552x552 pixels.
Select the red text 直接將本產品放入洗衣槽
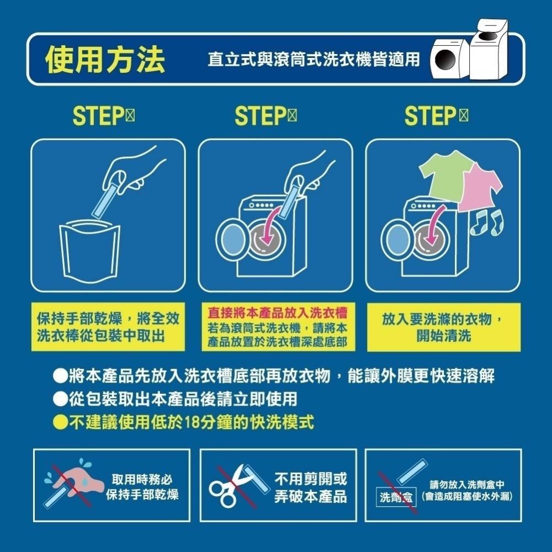277,312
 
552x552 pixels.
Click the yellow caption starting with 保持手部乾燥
108,327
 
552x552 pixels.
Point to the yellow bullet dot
60,423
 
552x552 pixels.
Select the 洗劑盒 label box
396,497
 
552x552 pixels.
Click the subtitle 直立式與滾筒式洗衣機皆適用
314,60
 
